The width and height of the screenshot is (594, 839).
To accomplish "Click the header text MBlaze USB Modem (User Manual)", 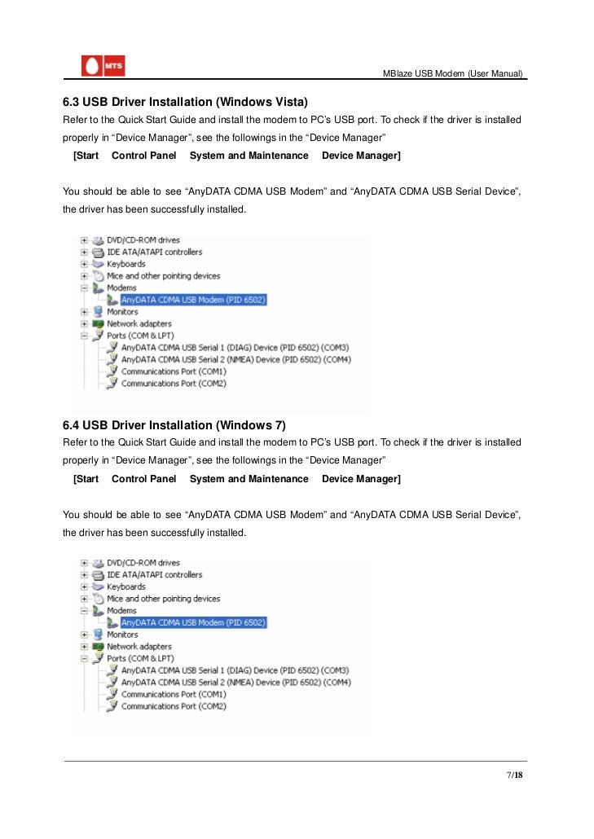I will [454, 74].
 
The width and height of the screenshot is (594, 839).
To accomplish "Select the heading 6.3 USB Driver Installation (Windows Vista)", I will [185, 103].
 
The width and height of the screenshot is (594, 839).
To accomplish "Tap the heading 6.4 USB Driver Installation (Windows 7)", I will [174, 425].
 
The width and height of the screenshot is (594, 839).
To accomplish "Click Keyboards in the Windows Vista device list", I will [125, 264].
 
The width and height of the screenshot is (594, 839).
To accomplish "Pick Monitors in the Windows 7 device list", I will [122, 635].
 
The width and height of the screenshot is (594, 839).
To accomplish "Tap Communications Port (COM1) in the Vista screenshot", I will [174, 371].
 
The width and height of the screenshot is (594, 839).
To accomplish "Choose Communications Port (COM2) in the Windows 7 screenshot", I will [174, 706].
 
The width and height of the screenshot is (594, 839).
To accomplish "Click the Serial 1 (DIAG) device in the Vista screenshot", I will [235, 347].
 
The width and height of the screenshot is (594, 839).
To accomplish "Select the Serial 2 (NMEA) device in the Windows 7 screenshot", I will [236, 682].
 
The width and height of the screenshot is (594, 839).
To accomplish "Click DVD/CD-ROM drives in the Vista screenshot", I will [143, 240].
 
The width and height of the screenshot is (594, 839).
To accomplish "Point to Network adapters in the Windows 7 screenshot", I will [139, 646].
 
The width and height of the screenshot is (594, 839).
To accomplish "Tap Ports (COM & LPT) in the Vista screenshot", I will [140, 336].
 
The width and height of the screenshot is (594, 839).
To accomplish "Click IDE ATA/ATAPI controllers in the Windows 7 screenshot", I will [154, 574].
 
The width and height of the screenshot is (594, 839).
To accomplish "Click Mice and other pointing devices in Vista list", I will [163, 276].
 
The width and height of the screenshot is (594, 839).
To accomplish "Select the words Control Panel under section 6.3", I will [143, 156].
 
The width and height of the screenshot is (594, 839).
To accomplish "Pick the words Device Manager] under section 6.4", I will [361, 479].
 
